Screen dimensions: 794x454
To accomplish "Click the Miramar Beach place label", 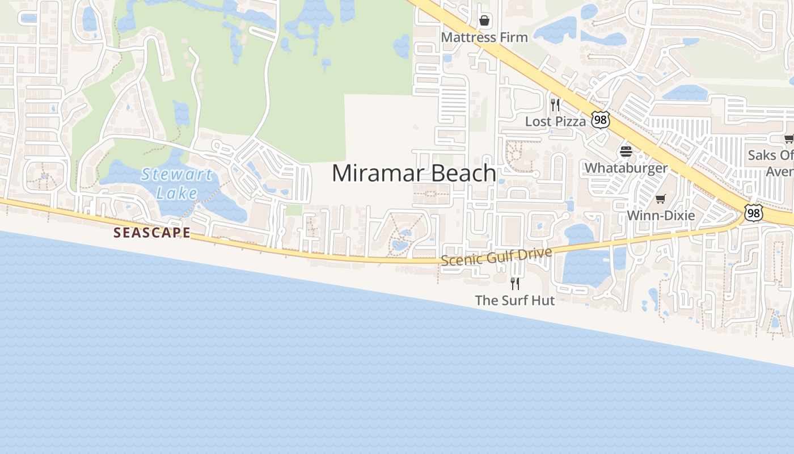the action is point(413,173).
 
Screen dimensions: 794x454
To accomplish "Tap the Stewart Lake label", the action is point(177,183).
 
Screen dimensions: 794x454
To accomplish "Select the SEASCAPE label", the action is point(151,233).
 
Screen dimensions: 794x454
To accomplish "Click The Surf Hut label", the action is point(514,300).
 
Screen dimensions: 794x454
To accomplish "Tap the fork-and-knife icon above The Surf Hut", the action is point(514,283).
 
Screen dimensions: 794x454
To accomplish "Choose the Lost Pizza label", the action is point(555,121).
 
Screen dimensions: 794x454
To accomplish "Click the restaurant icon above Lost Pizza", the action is point(555,104).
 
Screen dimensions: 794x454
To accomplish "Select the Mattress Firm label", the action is point(484,37).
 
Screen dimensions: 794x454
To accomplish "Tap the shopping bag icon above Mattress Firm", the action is point(484,21).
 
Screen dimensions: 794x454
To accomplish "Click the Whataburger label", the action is point(626,168).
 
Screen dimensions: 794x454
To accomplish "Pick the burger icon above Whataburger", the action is point(626,152).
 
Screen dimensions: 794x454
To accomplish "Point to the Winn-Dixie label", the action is point(660,216).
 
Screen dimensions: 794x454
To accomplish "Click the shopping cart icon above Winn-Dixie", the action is point(660,199).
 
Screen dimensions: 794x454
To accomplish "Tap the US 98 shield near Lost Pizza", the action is point(600,119).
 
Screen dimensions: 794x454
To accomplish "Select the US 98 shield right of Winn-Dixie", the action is point(754,213).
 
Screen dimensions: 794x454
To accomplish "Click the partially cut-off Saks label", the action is point(771,162).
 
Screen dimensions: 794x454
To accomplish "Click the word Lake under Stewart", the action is point(177,193).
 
